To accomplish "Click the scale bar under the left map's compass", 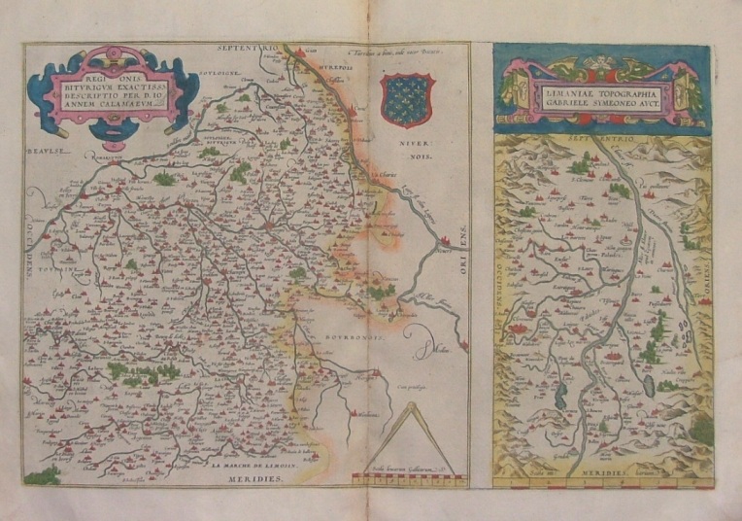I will pos(408,476).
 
